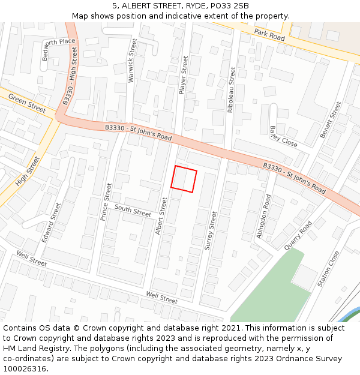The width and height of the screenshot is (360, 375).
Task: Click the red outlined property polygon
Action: tap(184, 179)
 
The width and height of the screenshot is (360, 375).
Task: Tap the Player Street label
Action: tap(184, 75)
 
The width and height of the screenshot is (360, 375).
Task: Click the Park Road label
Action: tap(269, 35)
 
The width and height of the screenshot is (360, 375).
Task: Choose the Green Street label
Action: tap(27, 104)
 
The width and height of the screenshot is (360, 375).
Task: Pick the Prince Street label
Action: tap(106, 202)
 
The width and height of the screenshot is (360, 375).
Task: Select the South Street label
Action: tap(133, 211)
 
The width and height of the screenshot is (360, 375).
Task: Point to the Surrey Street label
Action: tap(211, 230)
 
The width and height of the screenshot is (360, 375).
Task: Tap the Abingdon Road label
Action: tap(263, 216)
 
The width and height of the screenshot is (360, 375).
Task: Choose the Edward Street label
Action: tap(52, 222)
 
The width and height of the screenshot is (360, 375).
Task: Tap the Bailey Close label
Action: tap(283, 137)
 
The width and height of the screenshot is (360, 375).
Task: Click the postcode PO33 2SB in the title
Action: tap(226, 6)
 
